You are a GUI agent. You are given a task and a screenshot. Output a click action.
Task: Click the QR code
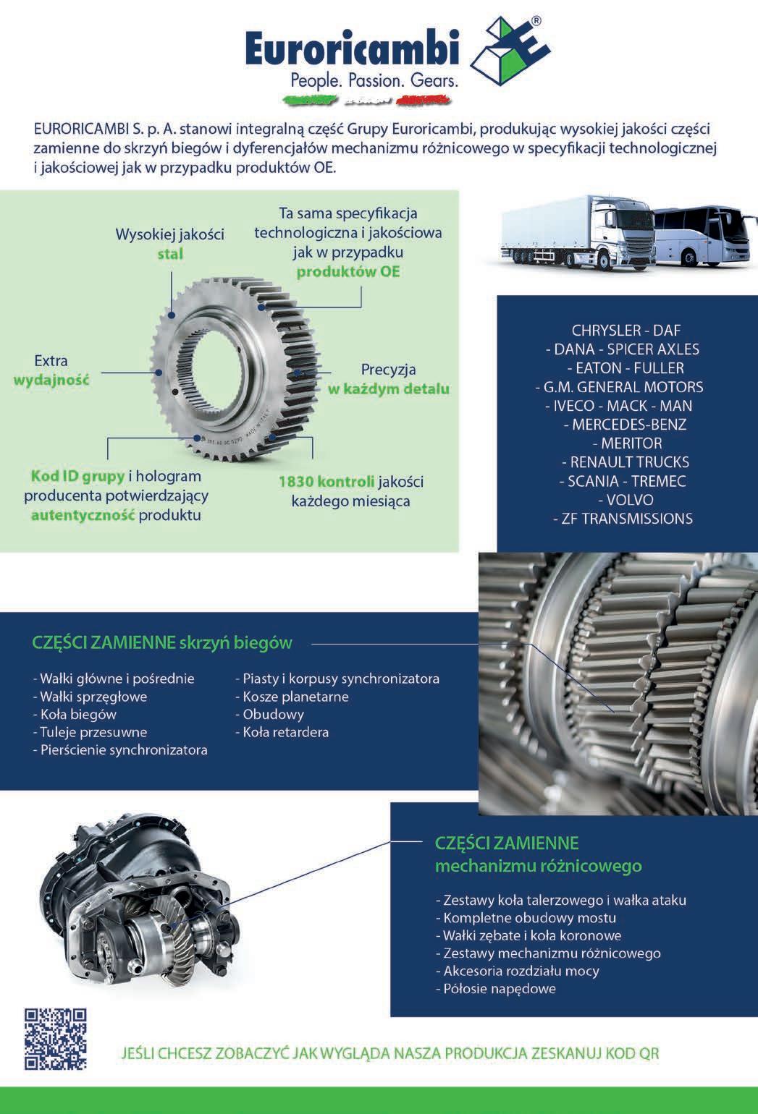[x=56, y=1039]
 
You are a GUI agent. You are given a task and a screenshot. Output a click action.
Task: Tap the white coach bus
[x=702, y=238]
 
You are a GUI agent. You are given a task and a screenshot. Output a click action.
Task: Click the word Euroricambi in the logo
[x=353, y=51]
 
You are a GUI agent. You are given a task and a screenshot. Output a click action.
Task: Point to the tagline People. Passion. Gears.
[x=374, y=80]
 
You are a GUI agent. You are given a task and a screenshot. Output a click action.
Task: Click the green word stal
[x=170, y=254]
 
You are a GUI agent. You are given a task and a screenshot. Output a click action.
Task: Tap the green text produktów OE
[x=348, y=272]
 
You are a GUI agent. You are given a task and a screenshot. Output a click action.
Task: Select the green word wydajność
[x=51, y=380]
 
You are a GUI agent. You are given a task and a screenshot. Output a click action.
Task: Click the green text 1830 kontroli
[x=327, y=482]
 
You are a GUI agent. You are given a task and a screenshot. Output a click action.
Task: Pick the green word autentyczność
[x=83, y=515]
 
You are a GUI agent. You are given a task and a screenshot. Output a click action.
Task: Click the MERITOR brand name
[x=627, y=443]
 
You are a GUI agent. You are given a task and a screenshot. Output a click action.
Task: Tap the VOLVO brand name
[x=626, y=499]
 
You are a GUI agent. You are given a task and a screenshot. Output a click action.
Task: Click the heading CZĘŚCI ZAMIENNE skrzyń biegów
[x=162, y=642]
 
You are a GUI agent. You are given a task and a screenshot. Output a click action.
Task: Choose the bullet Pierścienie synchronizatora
[x=120, y=749]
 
